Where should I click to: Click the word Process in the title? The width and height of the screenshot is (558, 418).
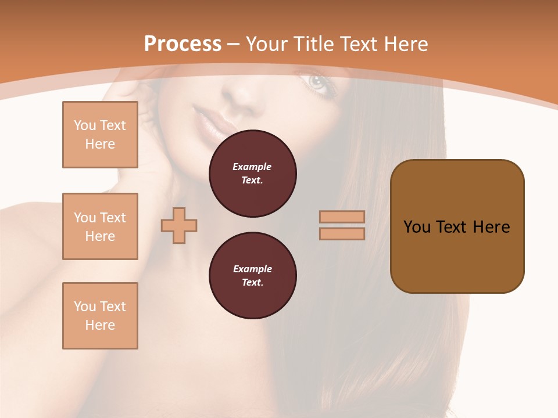[183, 44]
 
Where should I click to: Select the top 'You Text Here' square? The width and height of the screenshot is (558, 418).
[100, 135]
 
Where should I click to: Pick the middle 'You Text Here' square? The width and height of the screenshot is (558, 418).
[100, 226]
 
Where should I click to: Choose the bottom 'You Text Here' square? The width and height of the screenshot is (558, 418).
[100, 316]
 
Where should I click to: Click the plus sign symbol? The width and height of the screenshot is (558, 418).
[179, 225]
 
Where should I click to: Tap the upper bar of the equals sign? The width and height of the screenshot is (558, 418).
[342, 217]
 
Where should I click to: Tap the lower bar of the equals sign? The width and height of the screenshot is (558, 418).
[342, 233]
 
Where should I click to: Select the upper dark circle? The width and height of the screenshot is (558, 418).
[253, 174]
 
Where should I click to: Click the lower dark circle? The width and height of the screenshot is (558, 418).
[253, 276]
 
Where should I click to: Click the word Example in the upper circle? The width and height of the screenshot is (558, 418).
[252, 167]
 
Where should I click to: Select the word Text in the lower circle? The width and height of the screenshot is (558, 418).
[252, 283]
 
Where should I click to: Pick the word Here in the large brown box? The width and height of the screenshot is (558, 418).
[491, 227]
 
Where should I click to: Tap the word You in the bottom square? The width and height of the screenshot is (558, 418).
[85, 307]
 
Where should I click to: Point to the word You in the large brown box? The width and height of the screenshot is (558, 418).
[417, 227]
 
